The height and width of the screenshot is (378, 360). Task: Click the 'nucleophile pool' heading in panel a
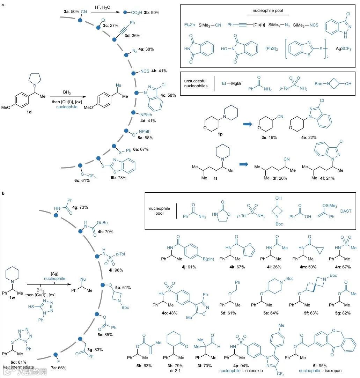tap(268, 10)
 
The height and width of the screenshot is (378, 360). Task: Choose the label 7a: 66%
tap(60, 367)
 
